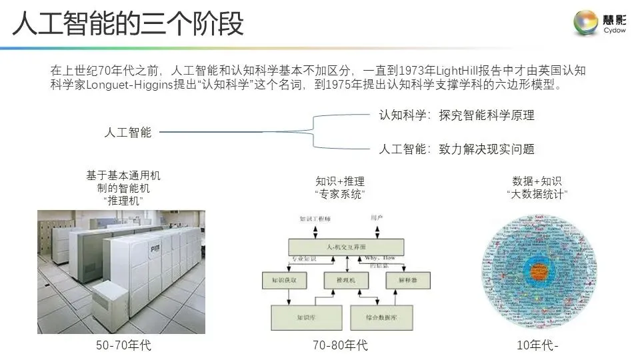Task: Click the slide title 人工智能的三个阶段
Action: click(128, 24)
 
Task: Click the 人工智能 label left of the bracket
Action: click(128, 132)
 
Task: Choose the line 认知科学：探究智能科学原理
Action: click(457, 115)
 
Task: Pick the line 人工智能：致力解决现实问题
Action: click(457, 149)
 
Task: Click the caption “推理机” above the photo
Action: click(123, 200)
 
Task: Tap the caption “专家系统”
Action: click(340, 194)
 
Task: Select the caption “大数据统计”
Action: click(537, 194)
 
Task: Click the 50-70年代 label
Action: click(124, 346)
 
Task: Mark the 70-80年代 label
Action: click(340, 346)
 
